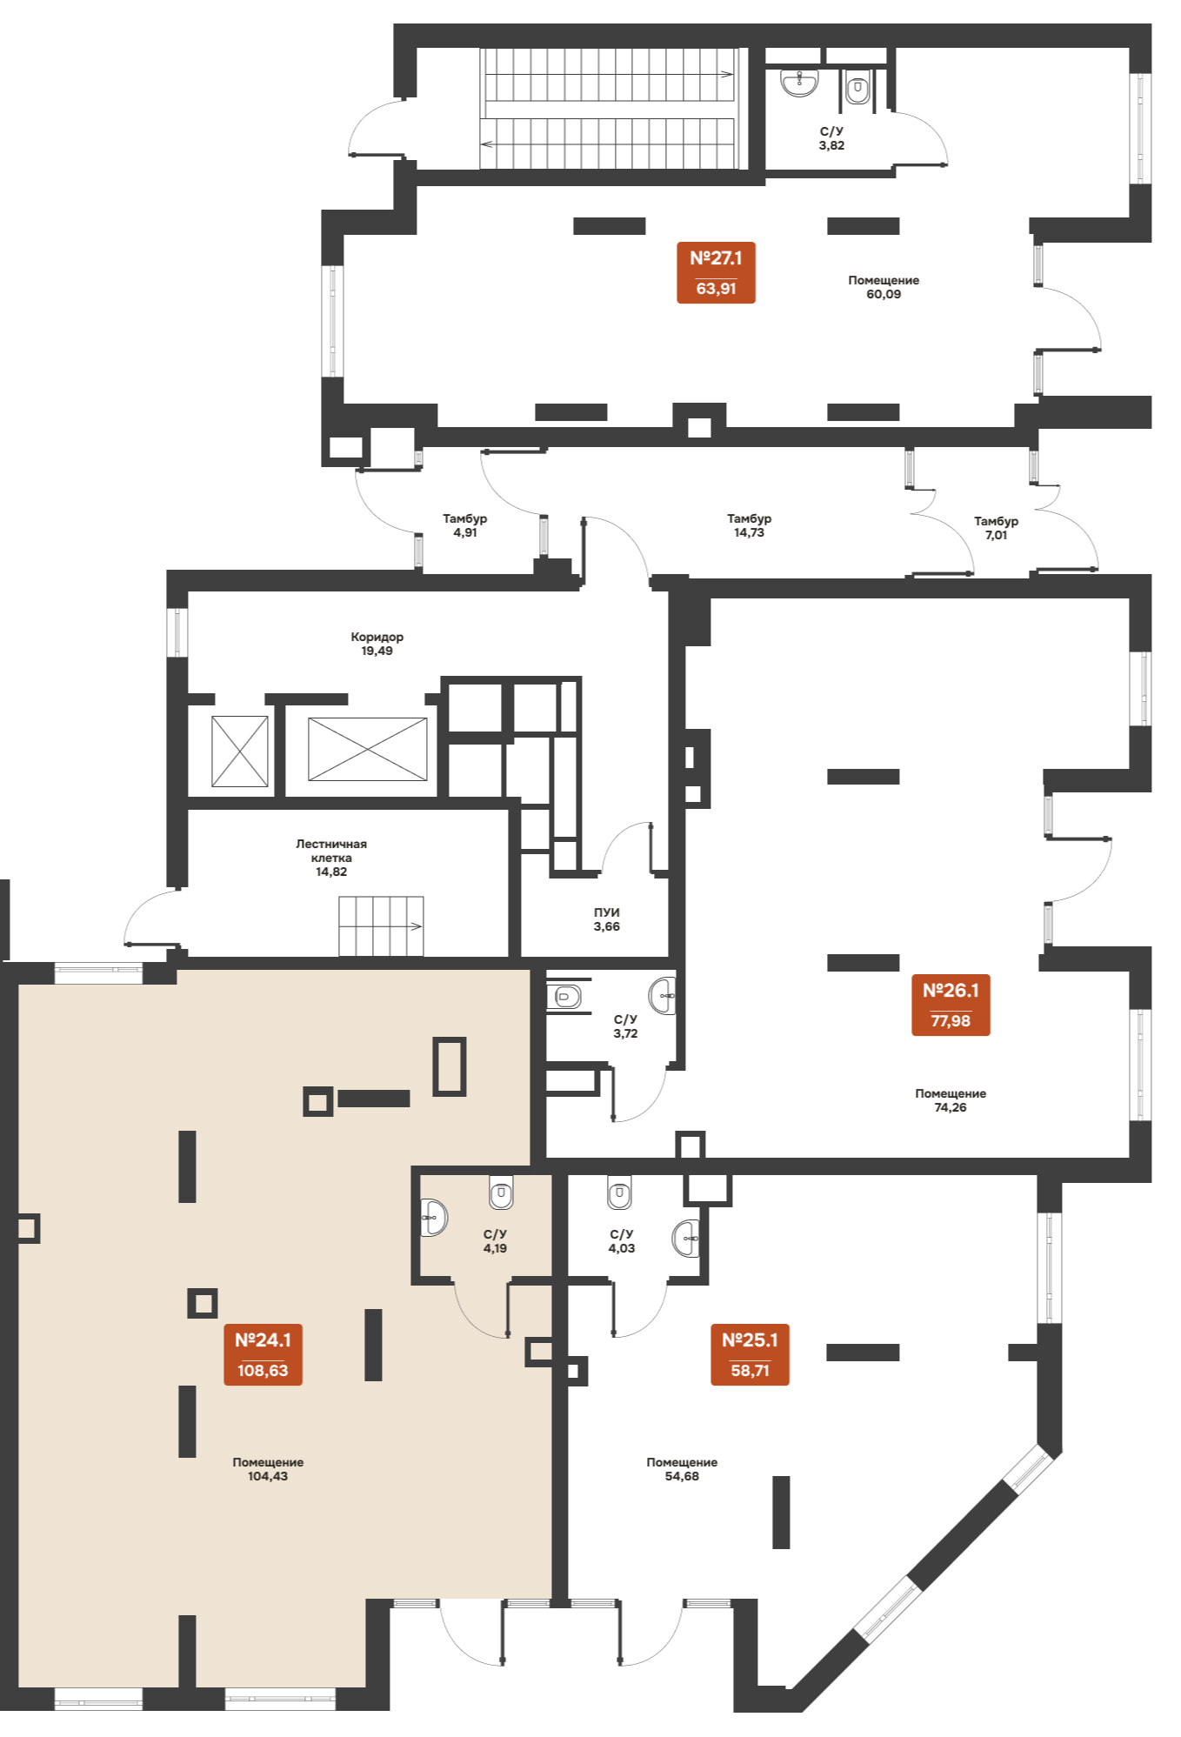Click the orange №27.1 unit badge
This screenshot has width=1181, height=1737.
point(716,272)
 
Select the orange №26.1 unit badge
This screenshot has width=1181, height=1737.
point(951,1005)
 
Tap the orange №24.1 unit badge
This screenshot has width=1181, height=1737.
point(263,1354)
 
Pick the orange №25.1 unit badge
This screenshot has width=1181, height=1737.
point(750,1354)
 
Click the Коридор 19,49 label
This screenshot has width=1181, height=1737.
point(377,644)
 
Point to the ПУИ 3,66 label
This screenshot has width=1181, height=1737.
point(606,919)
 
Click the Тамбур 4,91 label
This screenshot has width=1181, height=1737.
point(464,525)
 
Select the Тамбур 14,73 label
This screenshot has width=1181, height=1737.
point(749,525)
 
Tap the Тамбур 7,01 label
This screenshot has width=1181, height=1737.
point(996,528)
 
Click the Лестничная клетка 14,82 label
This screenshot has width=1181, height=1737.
point(331,858)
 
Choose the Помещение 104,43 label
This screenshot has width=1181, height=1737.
point(268,1469)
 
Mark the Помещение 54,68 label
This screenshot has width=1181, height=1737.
point(682,1469)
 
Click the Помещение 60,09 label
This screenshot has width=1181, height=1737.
point(884,287)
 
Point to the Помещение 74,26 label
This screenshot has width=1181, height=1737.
point(951,1100)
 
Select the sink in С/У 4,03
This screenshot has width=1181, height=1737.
point(686,1238)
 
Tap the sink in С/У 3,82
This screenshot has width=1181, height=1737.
point(799,83)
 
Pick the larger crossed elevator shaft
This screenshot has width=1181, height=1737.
point(367,749)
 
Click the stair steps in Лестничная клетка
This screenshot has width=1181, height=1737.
point(381,925)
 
